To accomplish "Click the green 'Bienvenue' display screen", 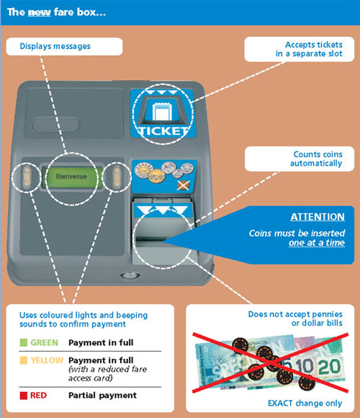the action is point(71,177).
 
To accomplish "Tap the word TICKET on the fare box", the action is point(163,131).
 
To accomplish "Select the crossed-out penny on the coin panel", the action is point(183,185).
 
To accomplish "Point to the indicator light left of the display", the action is point(27,177).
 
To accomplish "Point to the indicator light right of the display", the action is point(117,177).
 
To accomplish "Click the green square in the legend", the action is point(24,342).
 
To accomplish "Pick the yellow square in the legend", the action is point(24,360).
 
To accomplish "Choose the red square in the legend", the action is point(24,395).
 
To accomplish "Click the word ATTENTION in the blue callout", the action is point(318,217).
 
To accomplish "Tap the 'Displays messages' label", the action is point(55,46).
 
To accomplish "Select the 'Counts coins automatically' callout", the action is point(300,159).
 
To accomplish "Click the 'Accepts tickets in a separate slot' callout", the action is point(300,49).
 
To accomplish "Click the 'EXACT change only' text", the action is point(305,403).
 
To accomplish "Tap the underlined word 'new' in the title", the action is point(39,12).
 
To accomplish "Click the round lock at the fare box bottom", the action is point(130,275).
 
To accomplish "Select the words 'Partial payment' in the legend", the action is point(102,396).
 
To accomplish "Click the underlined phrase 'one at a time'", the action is point(317,243).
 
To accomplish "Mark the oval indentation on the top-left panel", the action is point(56,124).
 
